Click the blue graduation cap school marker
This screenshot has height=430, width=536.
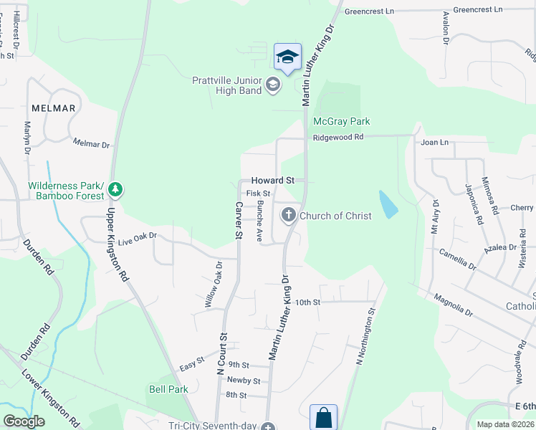[287, 57]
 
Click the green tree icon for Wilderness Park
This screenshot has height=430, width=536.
[115, 190]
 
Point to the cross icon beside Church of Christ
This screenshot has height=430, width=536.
[288, 214]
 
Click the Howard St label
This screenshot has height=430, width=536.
[272, 181]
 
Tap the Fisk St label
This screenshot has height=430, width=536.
[258, 193]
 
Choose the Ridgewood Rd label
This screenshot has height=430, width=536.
[338, 137]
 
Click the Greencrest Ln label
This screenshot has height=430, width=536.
[369, 11]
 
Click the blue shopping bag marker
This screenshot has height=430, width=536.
[323, 416]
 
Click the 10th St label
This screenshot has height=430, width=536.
[306, 302]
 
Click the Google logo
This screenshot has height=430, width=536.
[24, 421]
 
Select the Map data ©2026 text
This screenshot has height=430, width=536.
[506, 424]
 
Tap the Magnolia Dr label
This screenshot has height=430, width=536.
[453, 303]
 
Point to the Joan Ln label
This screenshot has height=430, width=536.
[434, 143]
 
